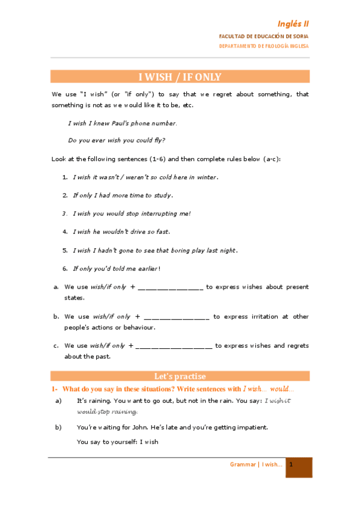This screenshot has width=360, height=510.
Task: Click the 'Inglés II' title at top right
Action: (293, 24)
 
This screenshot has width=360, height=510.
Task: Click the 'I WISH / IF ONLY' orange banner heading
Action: (180, 77)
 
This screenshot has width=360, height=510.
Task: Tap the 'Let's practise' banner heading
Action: (180, 376)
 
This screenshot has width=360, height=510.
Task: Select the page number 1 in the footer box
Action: (291, 464)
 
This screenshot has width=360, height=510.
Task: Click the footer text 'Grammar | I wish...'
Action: (256, 464)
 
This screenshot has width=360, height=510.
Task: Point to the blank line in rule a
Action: (170, 287)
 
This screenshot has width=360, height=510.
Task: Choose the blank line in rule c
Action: (174, 346)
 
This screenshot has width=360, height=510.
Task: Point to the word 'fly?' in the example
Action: (158, 140)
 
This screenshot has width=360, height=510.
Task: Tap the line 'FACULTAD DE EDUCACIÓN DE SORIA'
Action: (264, 37)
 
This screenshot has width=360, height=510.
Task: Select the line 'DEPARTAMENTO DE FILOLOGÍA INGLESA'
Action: (264, 46)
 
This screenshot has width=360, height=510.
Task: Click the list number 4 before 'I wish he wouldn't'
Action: (65, 232)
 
